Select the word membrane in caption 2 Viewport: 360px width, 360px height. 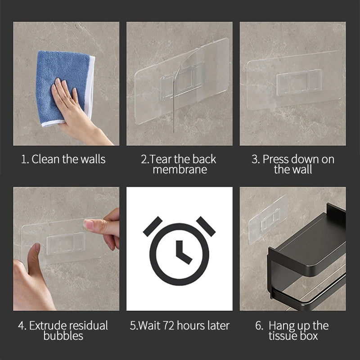[180, 170]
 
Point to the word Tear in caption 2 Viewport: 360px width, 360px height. [160, 159]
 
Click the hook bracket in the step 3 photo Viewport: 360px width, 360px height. [299, 82]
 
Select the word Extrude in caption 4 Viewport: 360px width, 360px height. [48, 325]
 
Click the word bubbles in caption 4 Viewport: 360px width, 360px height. [63, 336]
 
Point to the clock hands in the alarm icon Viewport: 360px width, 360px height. [182, 252]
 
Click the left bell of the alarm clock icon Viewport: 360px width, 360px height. [153, 225]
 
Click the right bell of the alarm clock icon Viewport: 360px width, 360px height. [206, 225]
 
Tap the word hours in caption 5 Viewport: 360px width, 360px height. [189, 325]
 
